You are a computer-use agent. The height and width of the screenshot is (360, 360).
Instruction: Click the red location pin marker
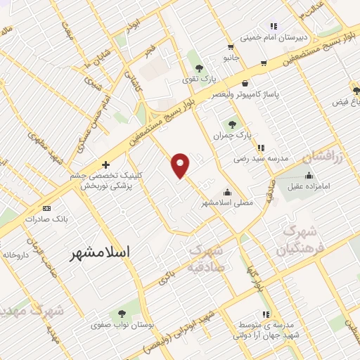pyautogui.click(x=181, y=165)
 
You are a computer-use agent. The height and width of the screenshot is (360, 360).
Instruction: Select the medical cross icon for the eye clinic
pyautogui.click(x=106, y=164)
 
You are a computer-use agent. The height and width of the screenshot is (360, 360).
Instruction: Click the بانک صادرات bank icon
pyautogui.click(x=47, y=208)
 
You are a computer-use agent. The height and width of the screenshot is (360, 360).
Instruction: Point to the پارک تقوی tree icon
pyautogui.click(x=199, y=68)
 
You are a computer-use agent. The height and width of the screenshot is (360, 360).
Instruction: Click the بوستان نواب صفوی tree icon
pyautogui.click(x=122, y=314)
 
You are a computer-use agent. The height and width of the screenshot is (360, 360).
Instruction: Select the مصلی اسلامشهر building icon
pyautogui.click(x=227, y=192)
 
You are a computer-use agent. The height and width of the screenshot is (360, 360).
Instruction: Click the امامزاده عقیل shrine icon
pyautogui.click(x=309, y=176)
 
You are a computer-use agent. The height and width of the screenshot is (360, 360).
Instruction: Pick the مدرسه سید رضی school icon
pyautogui.click(x=261, y=148)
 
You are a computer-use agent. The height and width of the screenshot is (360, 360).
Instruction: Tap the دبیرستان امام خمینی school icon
pyautogui.click(x=274, y=27)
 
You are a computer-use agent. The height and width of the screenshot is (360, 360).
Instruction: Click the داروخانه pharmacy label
pyautogui.click(x=14, y=254)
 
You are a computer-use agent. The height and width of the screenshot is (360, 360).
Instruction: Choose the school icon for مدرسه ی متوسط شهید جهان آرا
pyautogui.click(x=265, y=314)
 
